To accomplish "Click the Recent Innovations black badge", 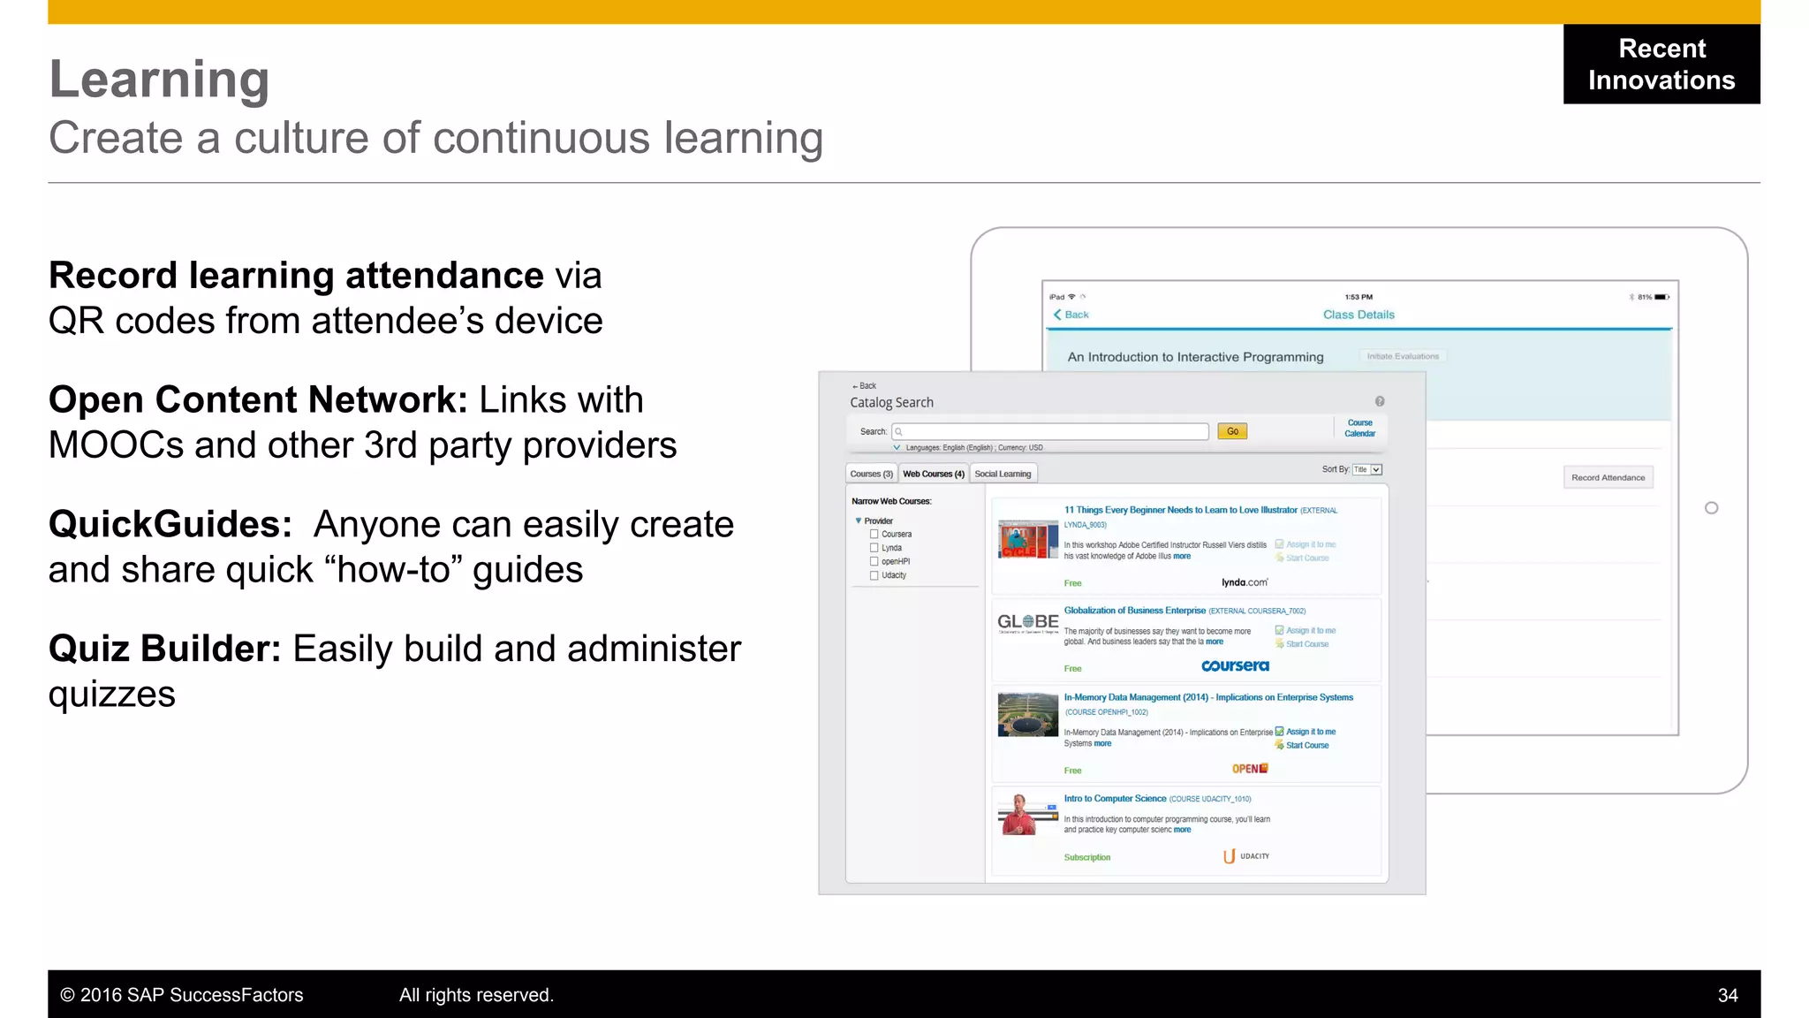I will pyautogui.click(x=1661, y=64).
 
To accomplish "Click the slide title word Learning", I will pyautogui.click(x=159, y=80).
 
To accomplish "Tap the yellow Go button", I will pyautogui.click(x=1232, y=431).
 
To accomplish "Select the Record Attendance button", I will pyautogui.click(x=1608, y=477).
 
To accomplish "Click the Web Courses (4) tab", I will pyautogui.click(x=933, y=474).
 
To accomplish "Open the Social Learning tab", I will pyautogui.click(x=1003, y=474).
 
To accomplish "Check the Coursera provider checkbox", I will pyautogui.click(x=874, y=534).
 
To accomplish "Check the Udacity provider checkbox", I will pyautogui.click(x=874, y=575).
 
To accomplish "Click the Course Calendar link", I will pyautogui.click(x=1359, y=428).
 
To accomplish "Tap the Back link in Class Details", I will pyautogui.click(x=1071, y=315).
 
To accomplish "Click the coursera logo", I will pyautogui.click(x=1235, y=665).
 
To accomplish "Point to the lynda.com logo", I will pyautogui.click(x=1245, y=582).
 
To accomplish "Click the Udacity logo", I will pyautogui.click(x=1245, y=855).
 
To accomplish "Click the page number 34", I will pyautogui.click(x=1728, y=995).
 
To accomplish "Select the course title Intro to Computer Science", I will pyautogui.click(x=1115, y=798).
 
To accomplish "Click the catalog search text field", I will pyautogui.click(x=1051, y=431).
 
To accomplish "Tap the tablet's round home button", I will pyautogui.click(x=1711, y=508).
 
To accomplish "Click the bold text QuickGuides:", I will pyautogui.click(x=170, y=525).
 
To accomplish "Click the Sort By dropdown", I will pyautogui.click(x=1367, y=469).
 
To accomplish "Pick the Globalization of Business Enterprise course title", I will pyautogui.click(x=1134, y=611).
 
